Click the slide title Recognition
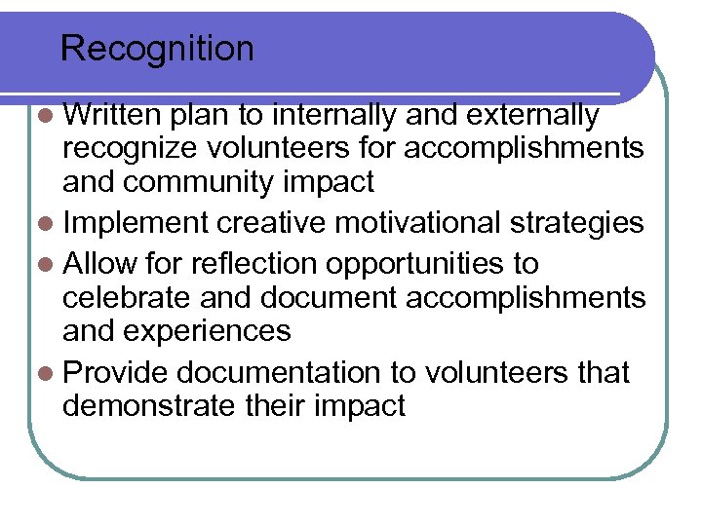[x=157, y=49]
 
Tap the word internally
[x=334, y=115]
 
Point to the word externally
[x=533, y=115]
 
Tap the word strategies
[x=586, y=223]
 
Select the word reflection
[x=255, y=264]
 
